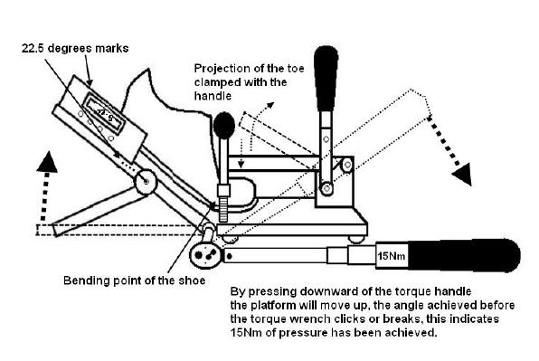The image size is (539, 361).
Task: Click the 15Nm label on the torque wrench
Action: click(392, 256)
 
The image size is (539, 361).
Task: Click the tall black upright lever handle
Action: click(326, 79)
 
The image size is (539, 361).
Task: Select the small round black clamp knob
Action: click(224, 126)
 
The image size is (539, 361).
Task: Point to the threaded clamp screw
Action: click(223, 209)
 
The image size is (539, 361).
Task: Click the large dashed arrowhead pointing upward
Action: click(47, 162)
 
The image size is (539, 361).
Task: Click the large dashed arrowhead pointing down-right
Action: click(463, 174)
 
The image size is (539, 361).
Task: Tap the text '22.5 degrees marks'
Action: click(75, 48)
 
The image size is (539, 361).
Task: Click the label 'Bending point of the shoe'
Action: click(135, 280)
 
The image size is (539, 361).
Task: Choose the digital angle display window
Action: click(104, 114)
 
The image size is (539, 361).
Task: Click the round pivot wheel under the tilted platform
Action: click(146, 181)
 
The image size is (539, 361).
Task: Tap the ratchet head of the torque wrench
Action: click(205, 255)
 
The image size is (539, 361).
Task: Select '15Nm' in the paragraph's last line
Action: click(245, 333)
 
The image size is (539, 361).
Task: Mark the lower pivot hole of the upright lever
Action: click(326, 188)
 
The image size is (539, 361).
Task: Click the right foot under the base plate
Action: click(355, 239)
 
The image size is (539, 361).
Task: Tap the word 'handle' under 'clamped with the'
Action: click(213, 96)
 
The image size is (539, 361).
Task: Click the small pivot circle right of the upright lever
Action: click(347, 165)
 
